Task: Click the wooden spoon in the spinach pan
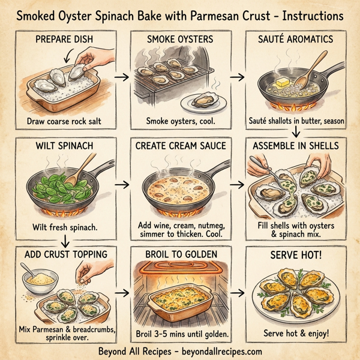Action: (87, 166)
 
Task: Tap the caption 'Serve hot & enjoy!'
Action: (295, 333)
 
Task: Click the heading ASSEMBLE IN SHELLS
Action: (295, 146)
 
